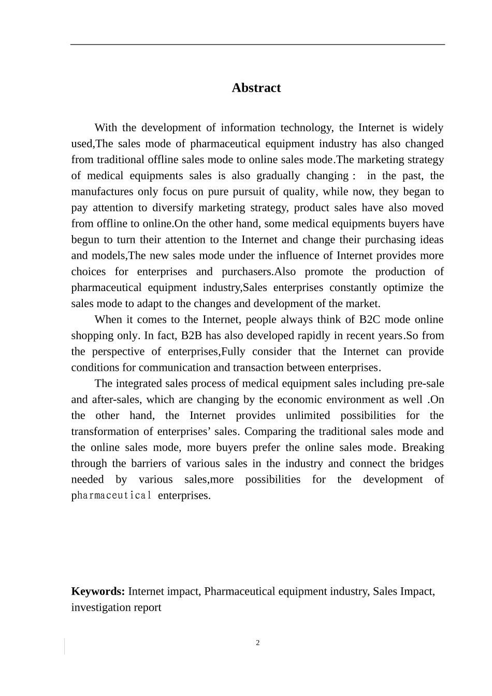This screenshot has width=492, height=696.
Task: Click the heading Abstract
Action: pyautogui.click(x=256, y=88)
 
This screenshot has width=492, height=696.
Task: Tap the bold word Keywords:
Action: pyautogui.click(x=98, y=591)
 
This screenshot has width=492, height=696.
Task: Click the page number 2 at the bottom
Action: pyautogui.click(x=258, y=643)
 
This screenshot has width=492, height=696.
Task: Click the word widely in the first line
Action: pyautogui.click(x=428, y=128)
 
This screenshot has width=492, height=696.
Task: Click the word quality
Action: pyautogui.click(x=299, y=192)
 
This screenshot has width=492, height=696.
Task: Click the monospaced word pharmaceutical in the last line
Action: pyautogui.click(x=111, y=496)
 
